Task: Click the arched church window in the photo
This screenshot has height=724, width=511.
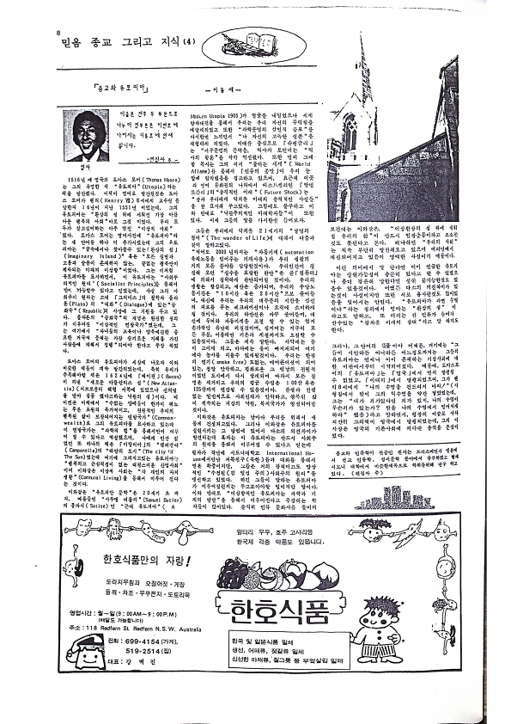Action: coord(350,135)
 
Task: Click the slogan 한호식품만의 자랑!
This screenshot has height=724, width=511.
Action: coord(149,559)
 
